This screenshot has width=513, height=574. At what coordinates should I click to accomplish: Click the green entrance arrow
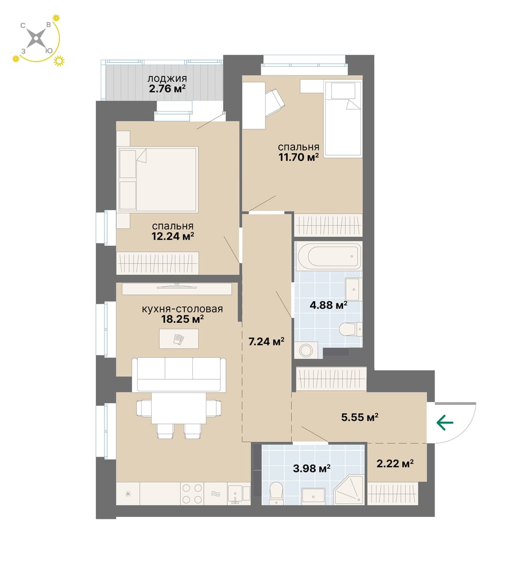[x=445, y=423]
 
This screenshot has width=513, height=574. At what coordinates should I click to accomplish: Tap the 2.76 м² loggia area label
[x=167, y=89]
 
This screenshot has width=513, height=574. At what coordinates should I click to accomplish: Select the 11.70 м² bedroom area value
[x=299, y=157]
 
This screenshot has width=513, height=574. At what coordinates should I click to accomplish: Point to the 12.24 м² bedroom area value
[x=173, y=236]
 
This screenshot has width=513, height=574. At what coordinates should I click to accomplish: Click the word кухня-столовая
[x=182, y=309]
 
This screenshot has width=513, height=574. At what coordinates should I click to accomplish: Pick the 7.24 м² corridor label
[x=266, y=342]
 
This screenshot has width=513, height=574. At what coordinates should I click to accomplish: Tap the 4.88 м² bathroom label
[x=329, y=305]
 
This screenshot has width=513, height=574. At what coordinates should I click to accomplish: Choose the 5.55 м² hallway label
[x=360, y=417]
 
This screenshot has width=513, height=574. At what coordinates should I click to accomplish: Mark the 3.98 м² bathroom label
[x=312, y=468]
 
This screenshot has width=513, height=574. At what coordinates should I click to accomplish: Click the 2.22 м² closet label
[x=395, y=464]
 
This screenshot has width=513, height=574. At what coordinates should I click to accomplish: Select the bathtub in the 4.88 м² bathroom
[x=329, y=256]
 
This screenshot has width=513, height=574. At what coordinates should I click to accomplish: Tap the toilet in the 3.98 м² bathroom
[x=276, y=494]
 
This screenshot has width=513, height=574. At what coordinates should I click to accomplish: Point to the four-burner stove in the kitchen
[x=192, y=494]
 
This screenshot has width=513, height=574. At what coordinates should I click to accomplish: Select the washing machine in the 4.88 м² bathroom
[x=306, y=350]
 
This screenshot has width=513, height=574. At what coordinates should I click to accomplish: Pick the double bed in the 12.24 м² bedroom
[x=158, y=179]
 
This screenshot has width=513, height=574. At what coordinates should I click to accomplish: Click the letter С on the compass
[x=23, y=26]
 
